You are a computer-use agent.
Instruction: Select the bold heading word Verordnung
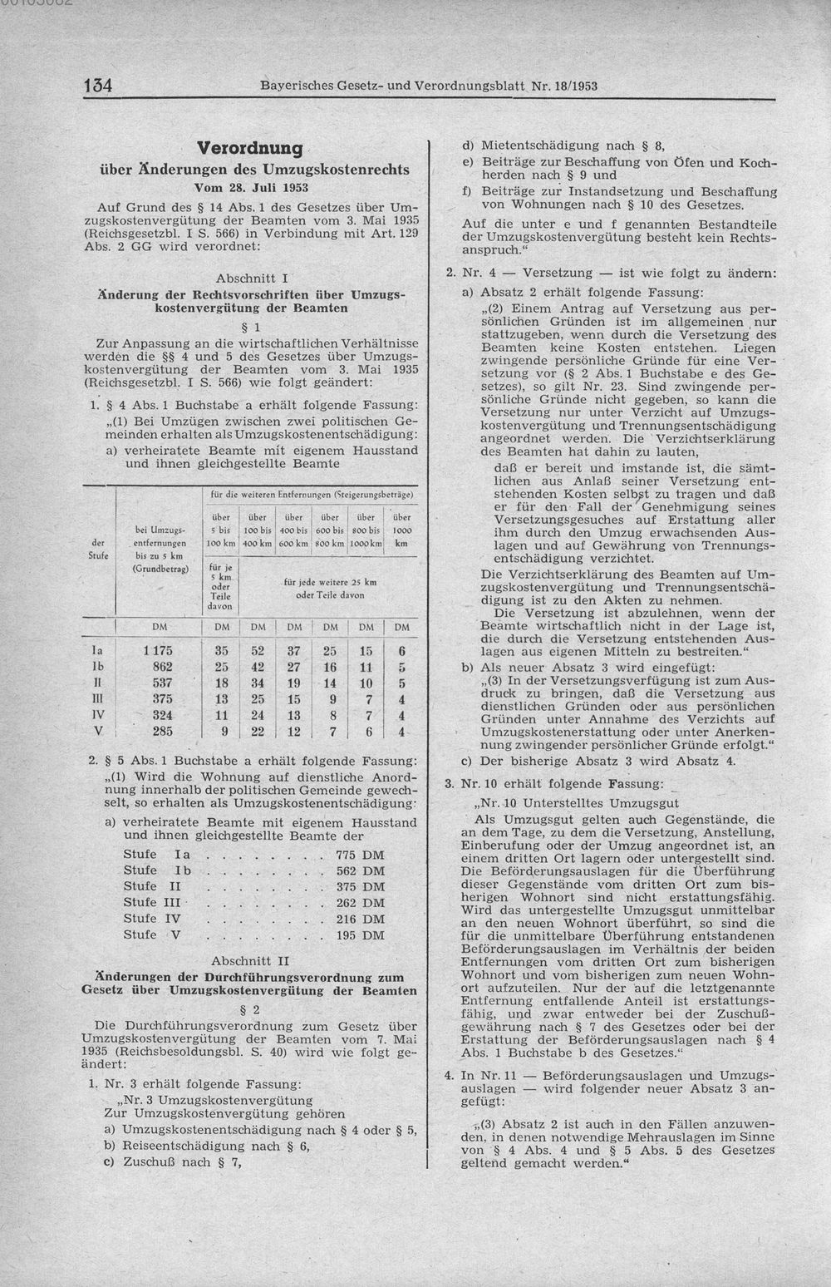click(250, 148)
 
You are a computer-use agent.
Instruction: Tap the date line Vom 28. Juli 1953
click(250, 188)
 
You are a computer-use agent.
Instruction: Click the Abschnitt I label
click(250, 277)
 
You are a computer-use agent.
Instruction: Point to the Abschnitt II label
click(250, 959)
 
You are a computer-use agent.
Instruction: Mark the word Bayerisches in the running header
click(296, 86)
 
